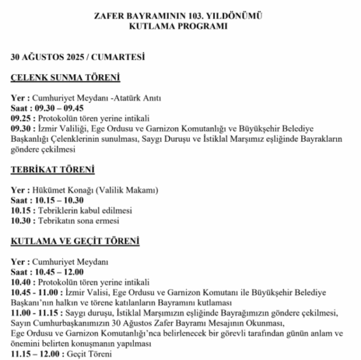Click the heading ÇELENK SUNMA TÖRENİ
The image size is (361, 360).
[66, 78]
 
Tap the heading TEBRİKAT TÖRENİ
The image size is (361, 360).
[53, 171]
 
